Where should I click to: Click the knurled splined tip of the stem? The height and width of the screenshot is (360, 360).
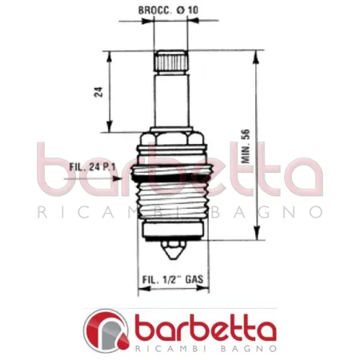click(170, 60)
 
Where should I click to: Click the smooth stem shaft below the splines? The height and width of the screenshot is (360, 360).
click(170, 100)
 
